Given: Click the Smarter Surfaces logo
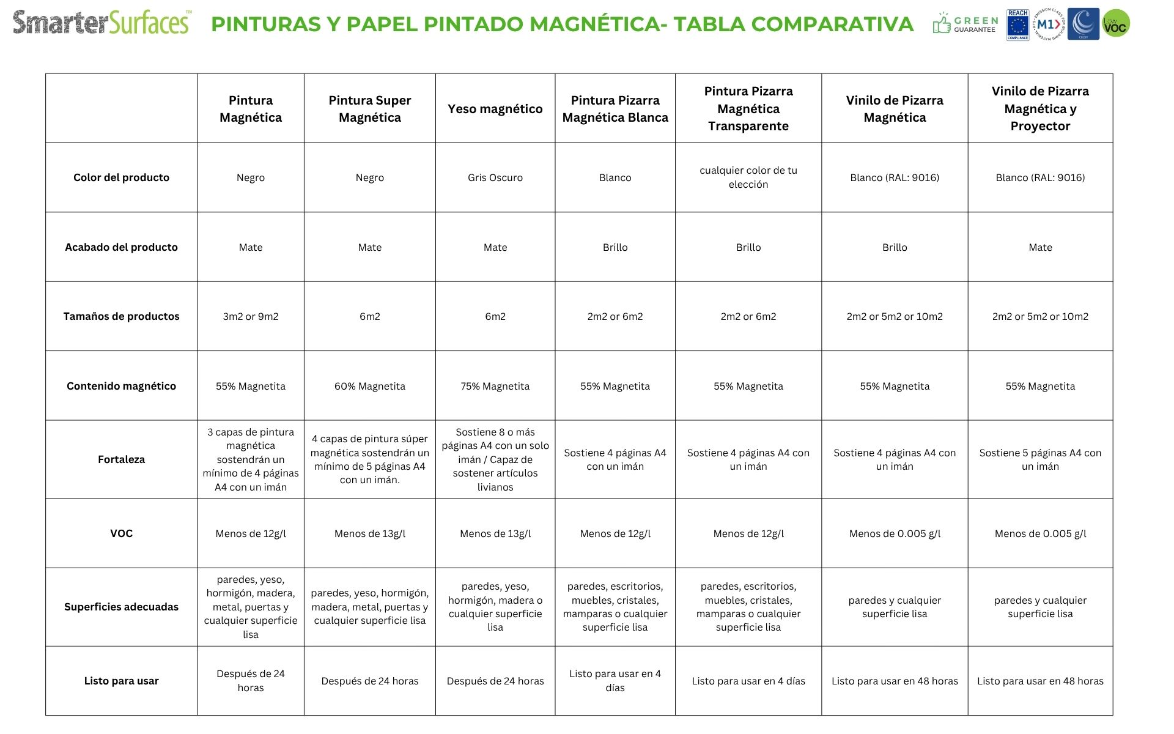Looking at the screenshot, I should click(x=102, y=23).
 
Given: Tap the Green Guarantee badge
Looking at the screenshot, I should click(x=966, y=24).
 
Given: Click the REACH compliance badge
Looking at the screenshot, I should click(x=1017, y=25).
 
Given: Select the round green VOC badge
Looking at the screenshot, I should click(x=1116, y=24).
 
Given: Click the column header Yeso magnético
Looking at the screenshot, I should click(x=495, y=109).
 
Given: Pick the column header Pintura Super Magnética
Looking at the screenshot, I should click(x=369, y=109).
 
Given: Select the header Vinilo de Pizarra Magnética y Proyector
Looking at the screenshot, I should click(x=1039, y=109).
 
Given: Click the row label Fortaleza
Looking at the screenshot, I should click(x=121, y=459).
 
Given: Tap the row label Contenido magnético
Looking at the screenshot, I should click(x=121, y=386).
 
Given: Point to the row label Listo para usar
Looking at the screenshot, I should click(x=121, y=681).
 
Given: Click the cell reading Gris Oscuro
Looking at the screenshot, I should click(x=495, y=178).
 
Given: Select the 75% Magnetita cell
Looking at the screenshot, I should click(x=495, y=386).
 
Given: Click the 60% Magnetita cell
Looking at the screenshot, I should click(x=369, y=386).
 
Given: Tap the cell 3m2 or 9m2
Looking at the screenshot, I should click(x=250, y=316).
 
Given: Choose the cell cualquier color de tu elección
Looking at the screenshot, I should click(x=748, y=177).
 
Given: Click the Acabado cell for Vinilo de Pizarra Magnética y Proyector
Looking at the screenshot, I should click(x=1039, y=247).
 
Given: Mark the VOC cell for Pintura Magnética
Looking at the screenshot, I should click(x=250, y=533).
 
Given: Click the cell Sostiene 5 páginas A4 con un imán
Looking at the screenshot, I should click(x=1039, y=459).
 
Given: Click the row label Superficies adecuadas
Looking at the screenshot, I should click(x=121, y=607).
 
